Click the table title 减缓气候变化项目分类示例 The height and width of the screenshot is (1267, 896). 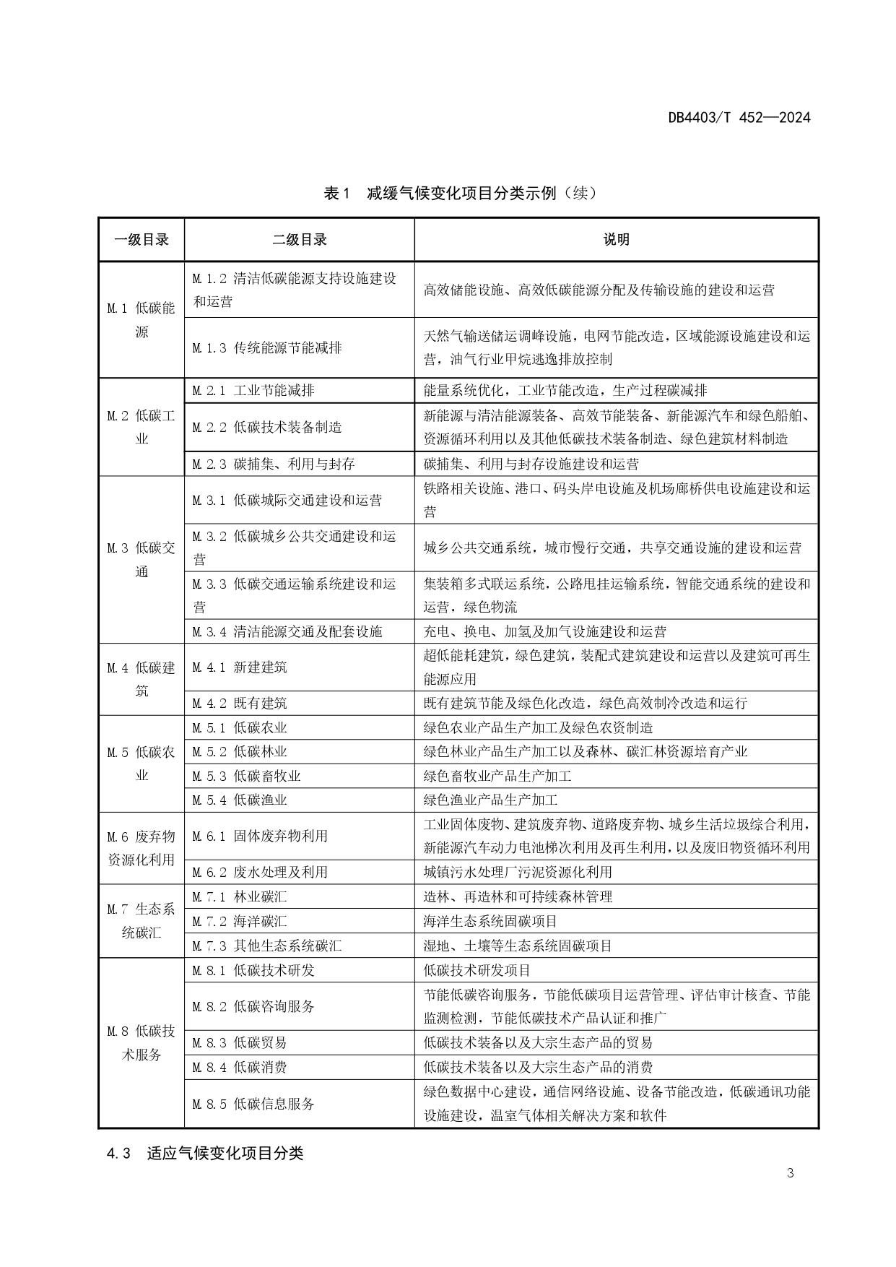[461, 194]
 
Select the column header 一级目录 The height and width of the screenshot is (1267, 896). [142, 240]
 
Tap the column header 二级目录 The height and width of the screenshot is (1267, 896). [299, 240]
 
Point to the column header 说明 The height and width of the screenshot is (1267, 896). [616, 240]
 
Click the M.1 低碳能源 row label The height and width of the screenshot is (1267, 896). [142, 320]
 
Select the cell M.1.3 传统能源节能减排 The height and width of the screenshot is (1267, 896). [267, 347]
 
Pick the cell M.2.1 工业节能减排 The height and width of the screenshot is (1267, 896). [253, 391]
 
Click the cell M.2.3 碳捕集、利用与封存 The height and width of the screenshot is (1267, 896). [274, 464]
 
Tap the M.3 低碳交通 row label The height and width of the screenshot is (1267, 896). [142, 560]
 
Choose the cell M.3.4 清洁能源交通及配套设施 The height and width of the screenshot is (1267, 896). [287, 631]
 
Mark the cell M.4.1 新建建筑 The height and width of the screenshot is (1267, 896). [240, 667]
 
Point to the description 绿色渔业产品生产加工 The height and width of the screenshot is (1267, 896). [491, 800]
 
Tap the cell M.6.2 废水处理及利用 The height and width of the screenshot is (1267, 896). [260, 872]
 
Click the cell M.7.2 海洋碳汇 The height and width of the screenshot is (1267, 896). [240, 921]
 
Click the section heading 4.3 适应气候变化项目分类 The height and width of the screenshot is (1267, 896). [205, 1153]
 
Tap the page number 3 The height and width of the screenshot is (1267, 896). [790, 1172]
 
